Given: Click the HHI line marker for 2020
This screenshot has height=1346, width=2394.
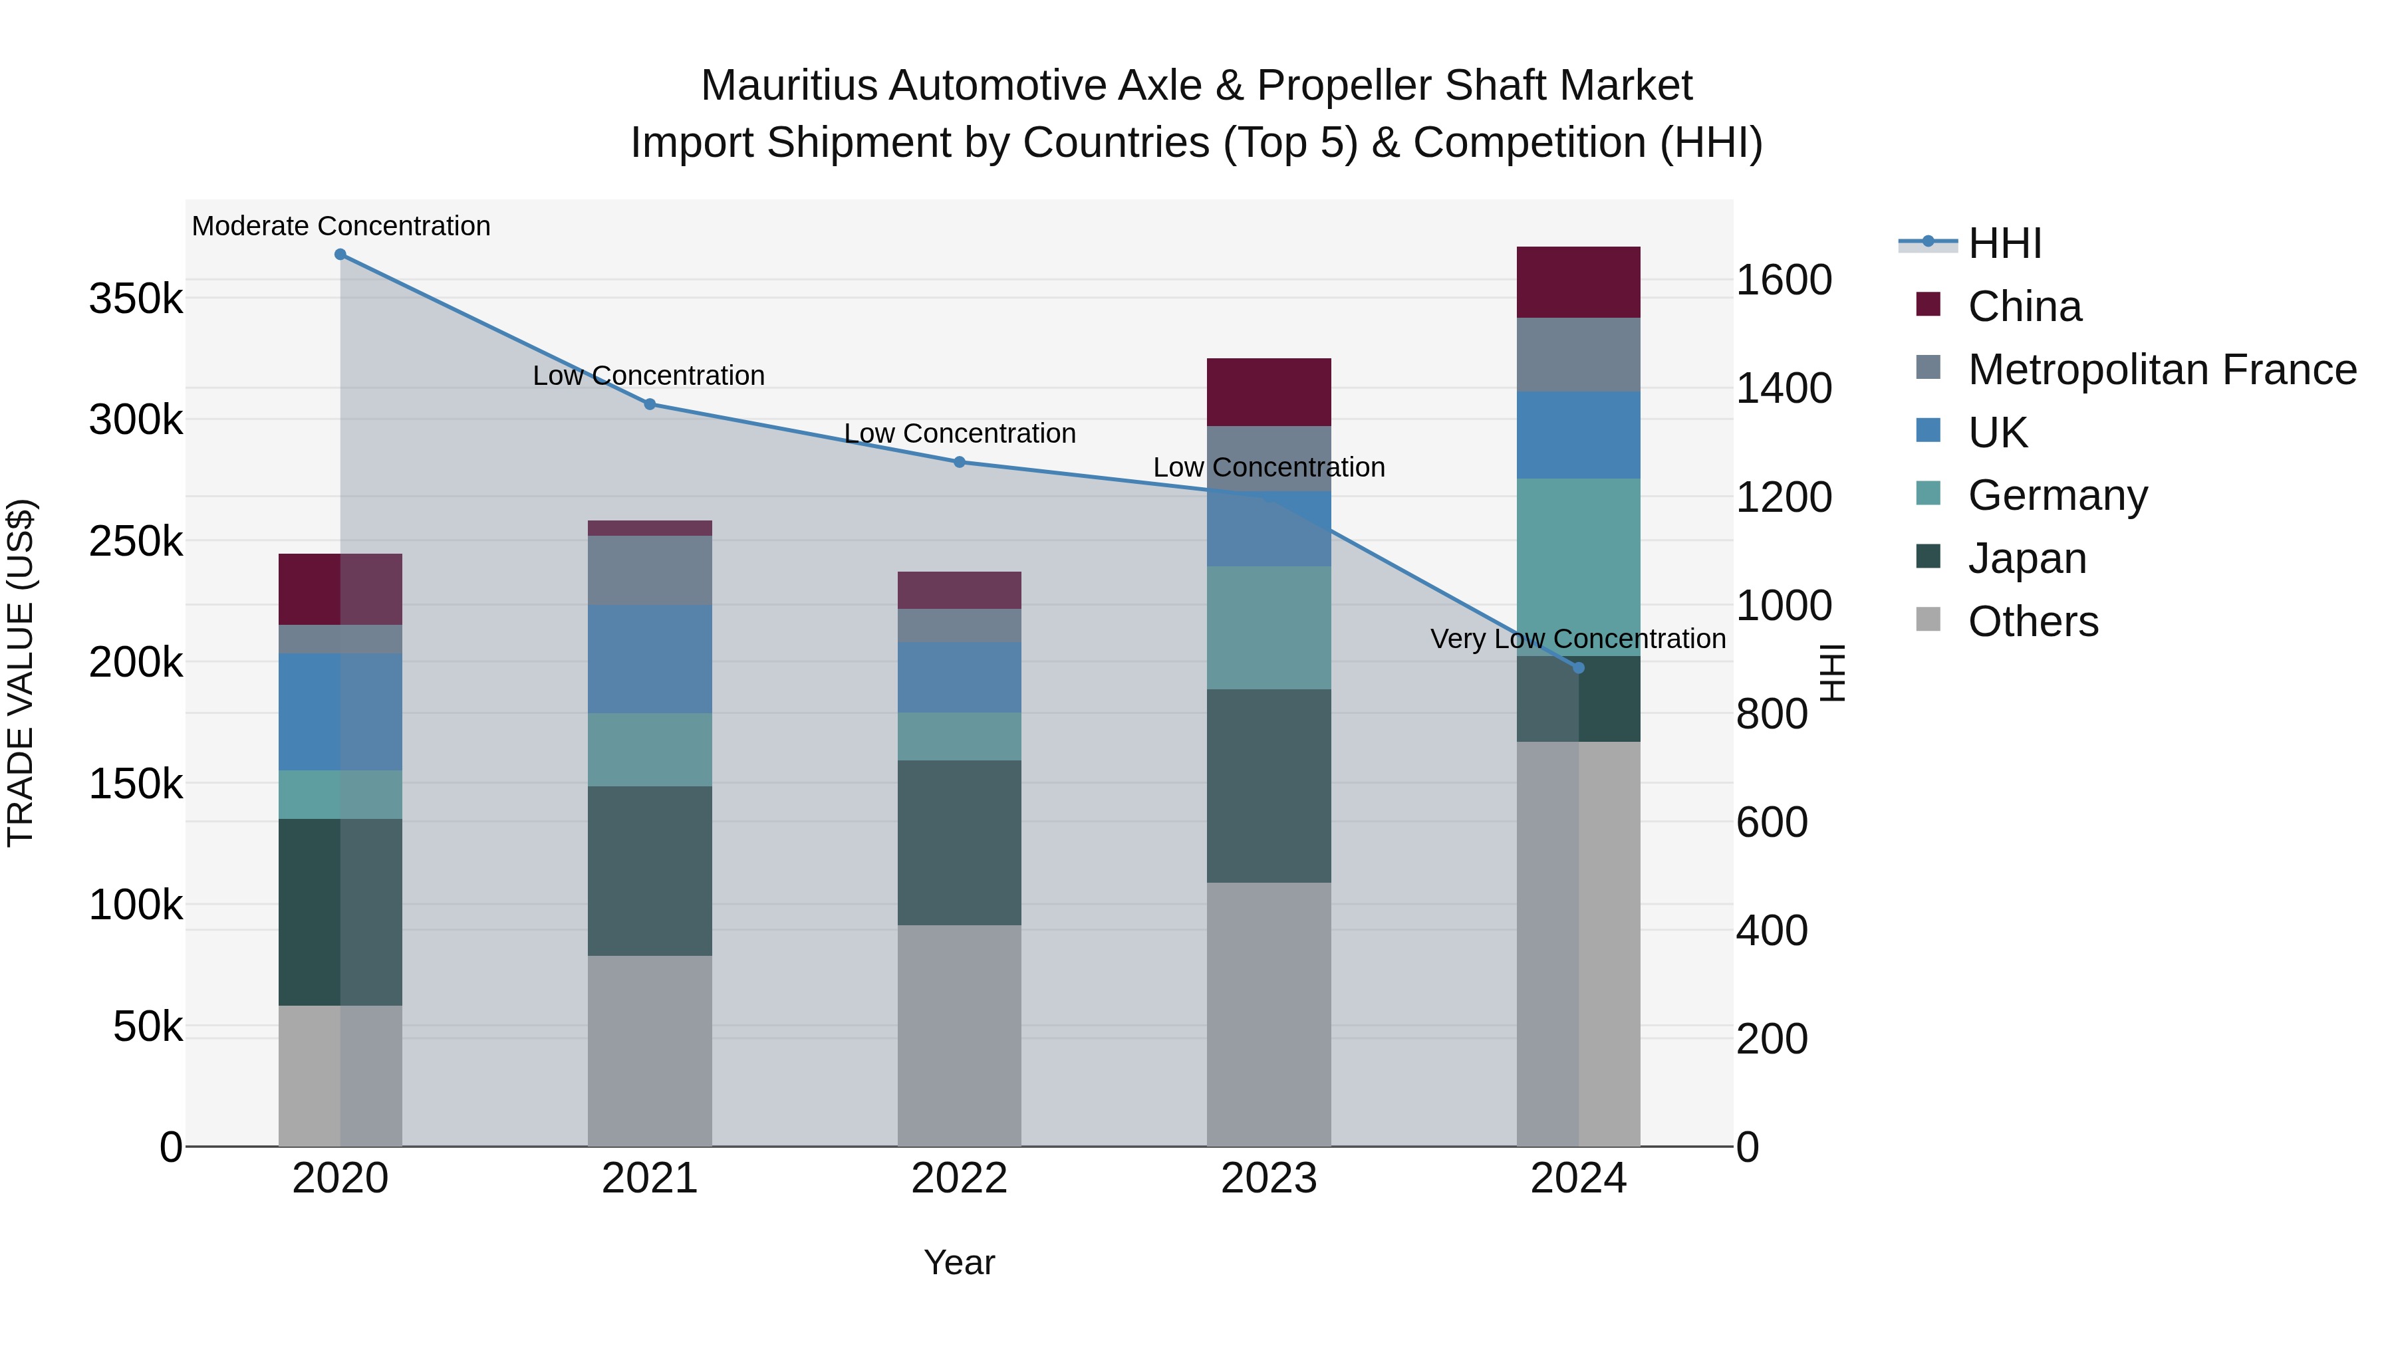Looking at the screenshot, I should (x=340, y=255).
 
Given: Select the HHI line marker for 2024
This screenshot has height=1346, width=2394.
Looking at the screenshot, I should (x=1578, y=668).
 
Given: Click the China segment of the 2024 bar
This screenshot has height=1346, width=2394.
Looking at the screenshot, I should (x=1578, y=282).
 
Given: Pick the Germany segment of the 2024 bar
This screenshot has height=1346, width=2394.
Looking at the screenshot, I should (x=1578, y=566).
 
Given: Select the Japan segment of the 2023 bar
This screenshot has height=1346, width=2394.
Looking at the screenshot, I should (x=1269, y=785).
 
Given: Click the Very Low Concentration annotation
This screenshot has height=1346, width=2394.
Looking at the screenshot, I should (x=1577, y=639).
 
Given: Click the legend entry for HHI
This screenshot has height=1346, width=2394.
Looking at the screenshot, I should (x=2004, y=243).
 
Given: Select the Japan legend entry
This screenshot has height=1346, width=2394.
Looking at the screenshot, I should (x=2026, y=558).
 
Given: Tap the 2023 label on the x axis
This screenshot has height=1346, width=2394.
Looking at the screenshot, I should (x=1269, y=1178).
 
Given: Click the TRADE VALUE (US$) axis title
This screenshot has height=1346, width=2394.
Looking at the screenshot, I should (x=21, y=673).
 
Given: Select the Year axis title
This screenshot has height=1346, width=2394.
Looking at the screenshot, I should (x=959, y=1262).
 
